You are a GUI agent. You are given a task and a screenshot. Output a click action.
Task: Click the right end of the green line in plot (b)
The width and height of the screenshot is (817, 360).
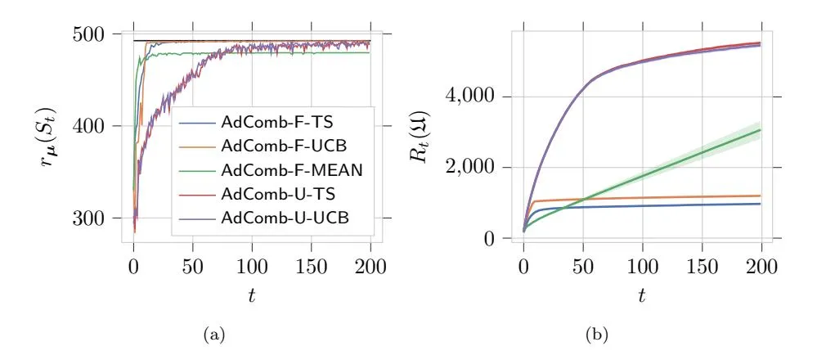coord(761,130)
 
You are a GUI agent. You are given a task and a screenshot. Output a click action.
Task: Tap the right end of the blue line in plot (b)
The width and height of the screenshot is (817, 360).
coord(761,204)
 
